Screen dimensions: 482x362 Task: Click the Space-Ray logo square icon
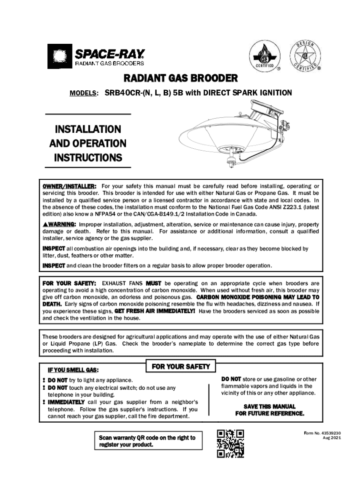[59, 56]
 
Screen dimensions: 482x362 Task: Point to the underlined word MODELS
[84, 93]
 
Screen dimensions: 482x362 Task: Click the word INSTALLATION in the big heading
[88, 129]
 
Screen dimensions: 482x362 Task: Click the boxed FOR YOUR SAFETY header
[181, 366]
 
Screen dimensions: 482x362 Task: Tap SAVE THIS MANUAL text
[269, 407]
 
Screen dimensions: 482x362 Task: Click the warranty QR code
[230, 443]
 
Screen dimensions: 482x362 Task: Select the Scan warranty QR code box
[146, 441]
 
